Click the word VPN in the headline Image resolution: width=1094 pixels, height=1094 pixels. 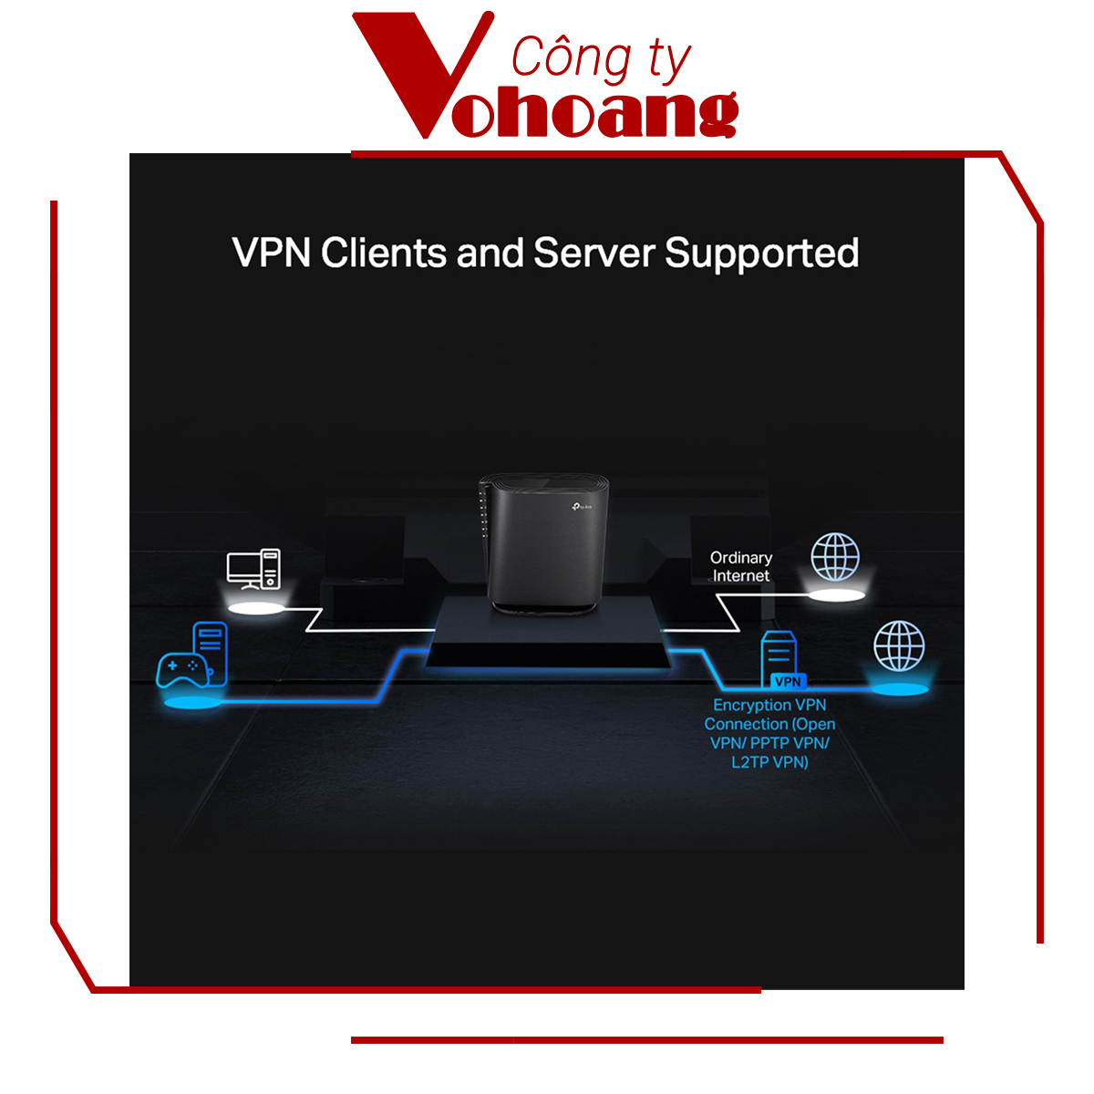[x=272, y=253]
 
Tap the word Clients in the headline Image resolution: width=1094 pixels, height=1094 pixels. [x=384, y=253]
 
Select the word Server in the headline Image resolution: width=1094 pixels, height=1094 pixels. [x=593, y=253]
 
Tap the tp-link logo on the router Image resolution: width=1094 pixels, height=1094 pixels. [x=581, y=504]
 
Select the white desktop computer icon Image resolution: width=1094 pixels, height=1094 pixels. [x=253, y=569]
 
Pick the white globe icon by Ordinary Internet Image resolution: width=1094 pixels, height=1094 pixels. [x=835, y=557]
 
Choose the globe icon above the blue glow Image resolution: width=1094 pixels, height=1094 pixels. [x=899, y=645]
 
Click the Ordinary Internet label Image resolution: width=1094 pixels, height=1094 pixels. [x=741, y=566]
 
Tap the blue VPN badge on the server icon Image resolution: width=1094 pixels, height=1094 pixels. [x=788, y=681]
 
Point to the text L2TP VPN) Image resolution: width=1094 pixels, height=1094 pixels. [x=769, y=762]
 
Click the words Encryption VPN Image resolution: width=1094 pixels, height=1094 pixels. [x=769, y=705]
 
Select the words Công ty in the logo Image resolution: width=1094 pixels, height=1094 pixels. [x=601, y=59]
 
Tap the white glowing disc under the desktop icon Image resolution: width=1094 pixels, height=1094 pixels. [x=255, y=608]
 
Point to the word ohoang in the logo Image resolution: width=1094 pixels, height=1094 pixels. [x=594, y=116]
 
